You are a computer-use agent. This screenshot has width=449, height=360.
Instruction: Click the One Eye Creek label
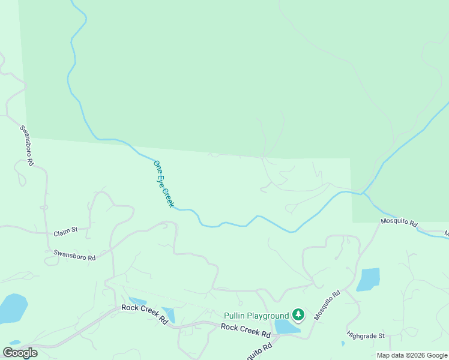164,184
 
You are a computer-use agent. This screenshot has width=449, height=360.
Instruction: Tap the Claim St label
66,230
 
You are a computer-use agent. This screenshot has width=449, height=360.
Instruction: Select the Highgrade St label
366,336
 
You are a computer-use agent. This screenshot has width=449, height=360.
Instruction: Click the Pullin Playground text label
256,316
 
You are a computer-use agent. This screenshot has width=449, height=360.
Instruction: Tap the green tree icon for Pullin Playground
298,314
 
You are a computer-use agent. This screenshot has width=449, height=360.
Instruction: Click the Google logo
20,353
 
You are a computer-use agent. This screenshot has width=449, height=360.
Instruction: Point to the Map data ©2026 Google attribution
412,355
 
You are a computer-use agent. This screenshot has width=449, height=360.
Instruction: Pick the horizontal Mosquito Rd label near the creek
399,222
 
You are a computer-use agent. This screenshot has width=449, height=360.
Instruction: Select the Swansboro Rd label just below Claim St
74,256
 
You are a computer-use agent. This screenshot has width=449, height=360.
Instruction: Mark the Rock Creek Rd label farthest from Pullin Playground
144,313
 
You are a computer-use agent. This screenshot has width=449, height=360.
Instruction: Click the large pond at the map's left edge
12,307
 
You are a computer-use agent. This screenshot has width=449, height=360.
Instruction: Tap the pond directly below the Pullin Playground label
287,326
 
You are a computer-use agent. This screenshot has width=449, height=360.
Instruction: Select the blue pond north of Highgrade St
369,279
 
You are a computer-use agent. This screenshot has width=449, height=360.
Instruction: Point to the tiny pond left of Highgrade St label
343,344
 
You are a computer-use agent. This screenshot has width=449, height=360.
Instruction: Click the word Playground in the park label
268,316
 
